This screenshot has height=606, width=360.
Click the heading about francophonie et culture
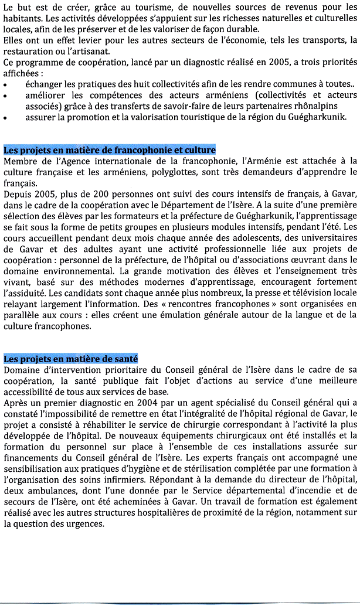pyautogui.click(x=110, y=149)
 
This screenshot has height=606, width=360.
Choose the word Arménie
pyautogui.click(x=262, y=160)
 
